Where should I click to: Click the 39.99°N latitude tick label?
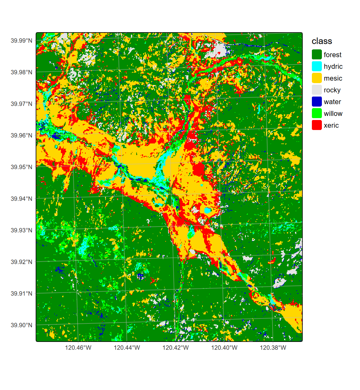coord(21,41)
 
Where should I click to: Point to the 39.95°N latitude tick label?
coord(21,167)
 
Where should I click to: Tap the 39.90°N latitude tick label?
coord(21,325)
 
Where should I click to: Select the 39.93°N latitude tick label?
coord(21,230)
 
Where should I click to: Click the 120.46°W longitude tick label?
coord(78,348)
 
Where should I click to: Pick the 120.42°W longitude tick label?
coord(176,348)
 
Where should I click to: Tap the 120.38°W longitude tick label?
coord(273,348)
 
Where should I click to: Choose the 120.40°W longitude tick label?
coord(224,348)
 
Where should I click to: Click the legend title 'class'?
coord(322,41)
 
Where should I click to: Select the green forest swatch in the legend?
coord(317,55)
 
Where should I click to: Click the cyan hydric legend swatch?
coord(317,66)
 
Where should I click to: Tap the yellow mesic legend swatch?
coord(317,78)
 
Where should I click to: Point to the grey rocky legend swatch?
coord(317,90)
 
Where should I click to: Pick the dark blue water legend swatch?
coord(317,102)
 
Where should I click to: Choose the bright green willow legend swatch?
coord(317,113)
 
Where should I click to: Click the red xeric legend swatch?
coord(317,125)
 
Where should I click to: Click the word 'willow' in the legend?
coord(333,114)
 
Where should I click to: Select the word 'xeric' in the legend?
coord(331,126)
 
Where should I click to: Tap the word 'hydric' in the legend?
coord(333,67)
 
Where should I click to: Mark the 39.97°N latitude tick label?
coord(21,104)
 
